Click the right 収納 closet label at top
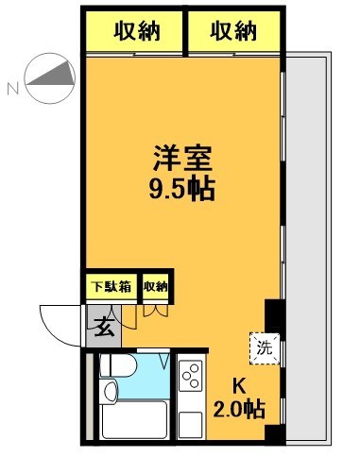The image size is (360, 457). [x=233, y=31]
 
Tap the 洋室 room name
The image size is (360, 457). [x=178, y=154]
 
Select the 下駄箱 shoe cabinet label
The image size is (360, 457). [x=111, y=285]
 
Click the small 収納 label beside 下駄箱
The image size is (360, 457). [x=155, y=285]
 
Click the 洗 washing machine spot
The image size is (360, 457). [x=266, y=346]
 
